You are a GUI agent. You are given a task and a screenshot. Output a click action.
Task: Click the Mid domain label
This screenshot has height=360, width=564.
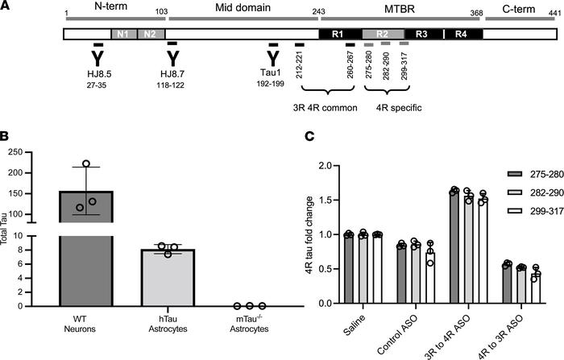[x=238, y=7]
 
